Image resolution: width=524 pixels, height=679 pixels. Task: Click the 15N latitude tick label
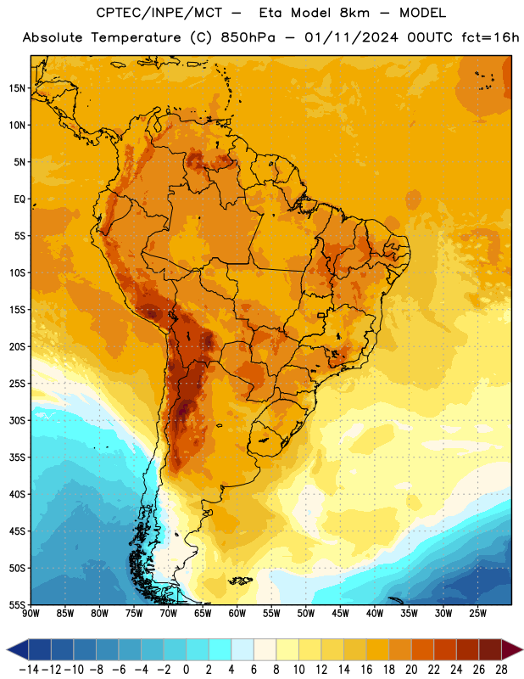coord(17,88)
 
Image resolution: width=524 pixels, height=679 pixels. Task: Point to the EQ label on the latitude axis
coord(20,199)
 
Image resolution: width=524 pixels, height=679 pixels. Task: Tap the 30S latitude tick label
coord(17,420)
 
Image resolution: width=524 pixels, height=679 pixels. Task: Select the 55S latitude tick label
coord(17,605)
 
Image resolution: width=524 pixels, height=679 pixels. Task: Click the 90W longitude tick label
coord(31,614)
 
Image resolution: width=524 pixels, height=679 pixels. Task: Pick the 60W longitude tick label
coord(237,614)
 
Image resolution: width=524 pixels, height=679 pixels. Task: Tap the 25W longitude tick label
coord(477,614)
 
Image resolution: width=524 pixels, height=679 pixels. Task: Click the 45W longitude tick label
coord(340,614)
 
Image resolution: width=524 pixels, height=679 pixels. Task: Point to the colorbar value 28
coord(501,670)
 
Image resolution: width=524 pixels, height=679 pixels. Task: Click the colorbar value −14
coord(29,670)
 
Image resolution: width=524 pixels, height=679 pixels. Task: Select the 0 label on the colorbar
coord(186,670)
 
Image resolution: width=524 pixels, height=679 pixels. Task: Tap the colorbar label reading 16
coord(366,670)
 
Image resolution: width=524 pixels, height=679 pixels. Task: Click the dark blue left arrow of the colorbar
coord(18,649)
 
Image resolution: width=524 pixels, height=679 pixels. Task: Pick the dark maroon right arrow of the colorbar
coord(512,649)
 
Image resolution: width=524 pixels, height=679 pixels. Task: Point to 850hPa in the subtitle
coord(248,37)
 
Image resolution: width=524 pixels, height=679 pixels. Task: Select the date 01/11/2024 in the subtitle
coord(351,37)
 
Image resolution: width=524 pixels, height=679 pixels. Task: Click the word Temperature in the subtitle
coord(136,37)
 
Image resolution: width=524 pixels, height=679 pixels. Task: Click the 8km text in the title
coord(354,13)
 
